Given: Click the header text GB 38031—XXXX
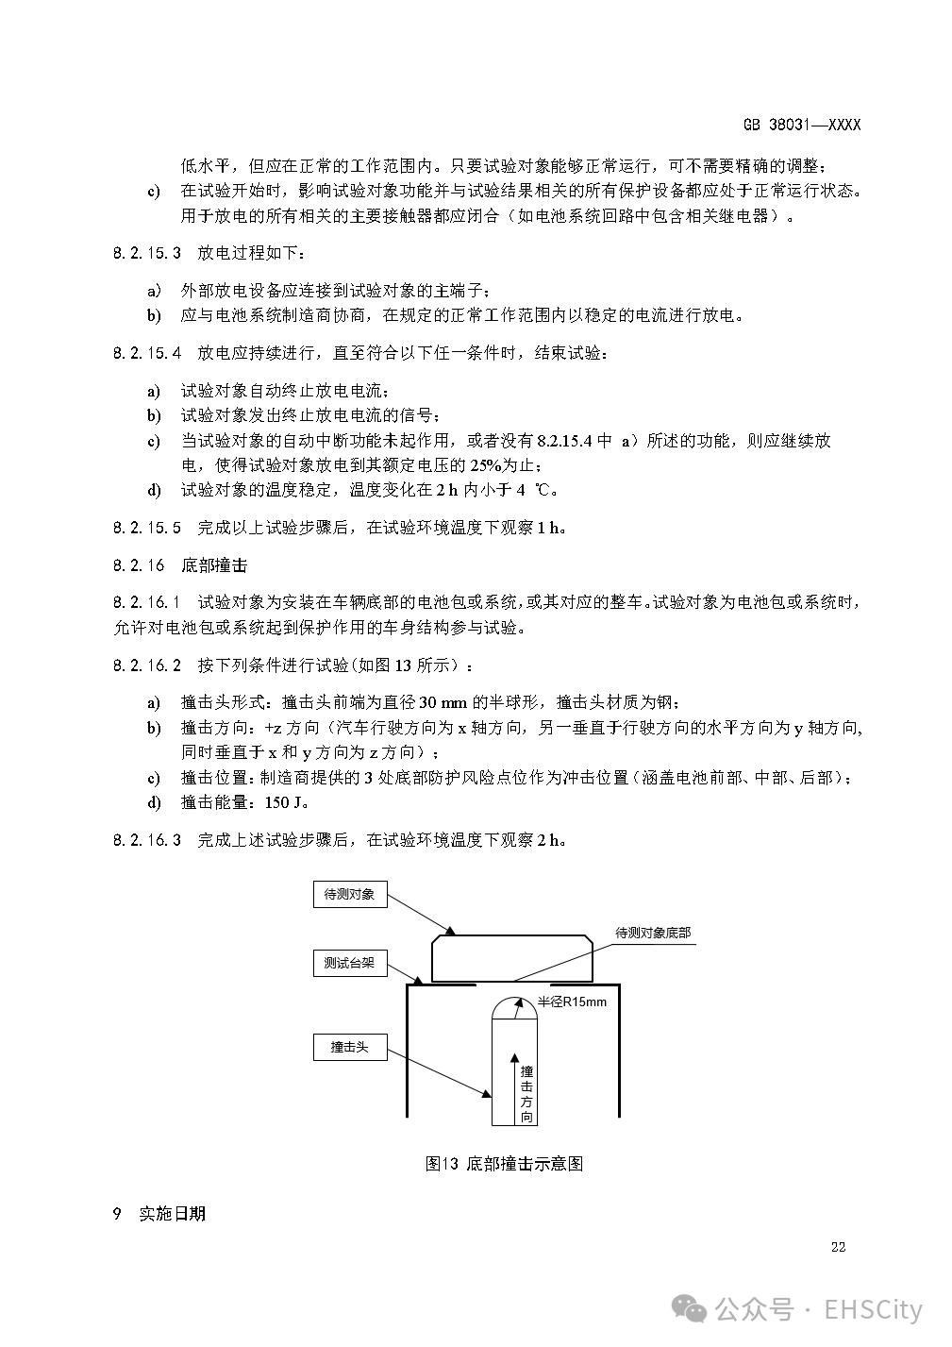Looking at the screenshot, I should click(801, 125).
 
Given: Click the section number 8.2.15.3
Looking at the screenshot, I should click(146, 253).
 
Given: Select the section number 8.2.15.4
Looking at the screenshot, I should click(146, 353).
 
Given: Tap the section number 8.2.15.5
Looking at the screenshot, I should click(146, 528).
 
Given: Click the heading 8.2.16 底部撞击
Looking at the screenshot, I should click(179, 565).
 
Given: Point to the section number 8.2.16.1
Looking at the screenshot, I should click(146, 602).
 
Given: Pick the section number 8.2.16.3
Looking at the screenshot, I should click(146, 840).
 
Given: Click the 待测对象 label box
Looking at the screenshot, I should click(349, 894).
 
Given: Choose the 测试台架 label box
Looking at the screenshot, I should click(349, 964).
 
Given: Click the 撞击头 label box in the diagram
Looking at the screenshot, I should click(349, 1047).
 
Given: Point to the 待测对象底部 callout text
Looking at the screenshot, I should click(653, 933).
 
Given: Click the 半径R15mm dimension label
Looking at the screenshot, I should click(573, 1002).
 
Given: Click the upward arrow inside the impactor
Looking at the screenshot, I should click(512, 1086).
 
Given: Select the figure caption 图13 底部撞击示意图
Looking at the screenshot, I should click(504, 1164).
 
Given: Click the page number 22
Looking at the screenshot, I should click(838, 1247).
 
